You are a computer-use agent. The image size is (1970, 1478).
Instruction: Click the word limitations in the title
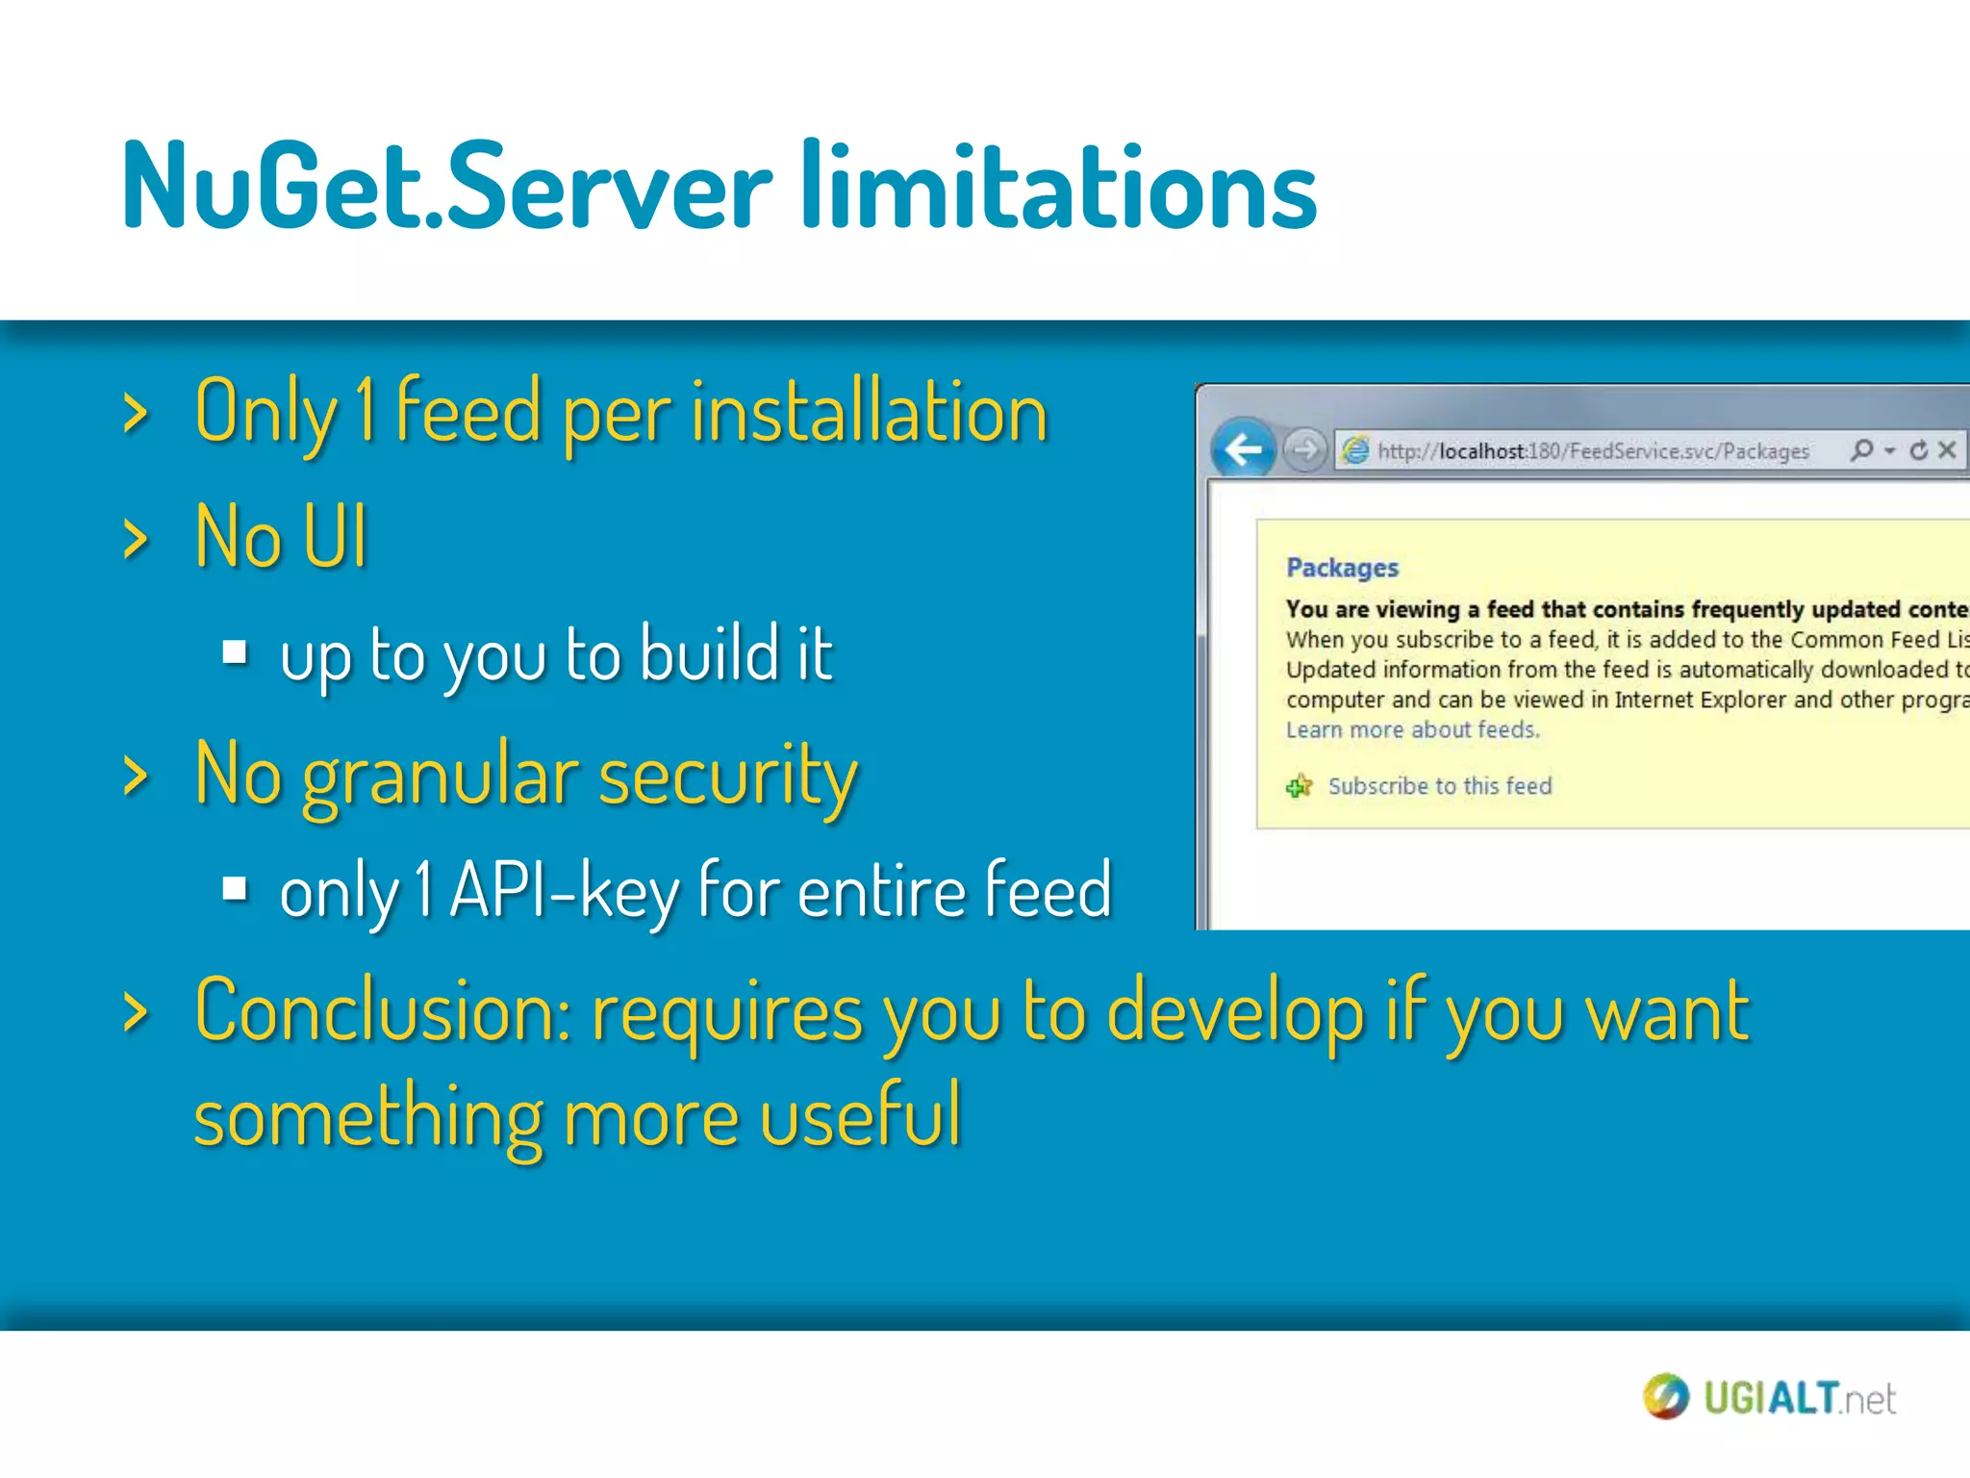[1058, 187]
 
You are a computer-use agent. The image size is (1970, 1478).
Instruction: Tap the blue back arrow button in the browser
[1243, 449]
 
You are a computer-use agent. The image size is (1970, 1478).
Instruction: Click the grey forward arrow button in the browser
[1305, 449]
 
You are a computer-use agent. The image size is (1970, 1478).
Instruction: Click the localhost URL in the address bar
[1592, 451]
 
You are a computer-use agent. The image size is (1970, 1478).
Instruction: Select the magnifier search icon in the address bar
[1862, 449]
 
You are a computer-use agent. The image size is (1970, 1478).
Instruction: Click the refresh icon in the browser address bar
[1919, 450]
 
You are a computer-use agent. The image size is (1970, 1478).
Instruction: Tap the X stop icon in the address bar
[1947, 449]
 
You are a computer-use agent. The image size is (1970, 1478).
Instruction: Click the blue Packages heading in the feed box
[1342, 568]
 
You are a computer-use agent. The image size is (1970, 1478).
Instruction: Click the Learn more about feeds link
[1412, 730]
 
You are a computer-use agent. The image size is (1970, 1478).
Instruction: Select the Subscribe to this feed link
[1439, 786]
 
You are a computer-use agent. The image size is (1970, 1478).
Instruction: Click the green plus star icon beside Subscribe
[1299, 786]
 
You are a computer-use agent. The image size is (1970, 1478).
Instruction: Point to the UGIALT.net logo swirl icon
[1665, 1396]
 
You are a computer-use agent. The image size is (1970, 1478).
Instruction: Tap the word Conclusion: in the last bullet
[384, 1012]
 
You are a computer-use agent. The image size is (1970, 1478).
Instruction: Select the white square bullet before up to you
[235, 653]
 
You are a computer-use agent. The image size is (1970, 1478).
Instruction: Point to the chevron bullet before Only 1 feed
[136, 414]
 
